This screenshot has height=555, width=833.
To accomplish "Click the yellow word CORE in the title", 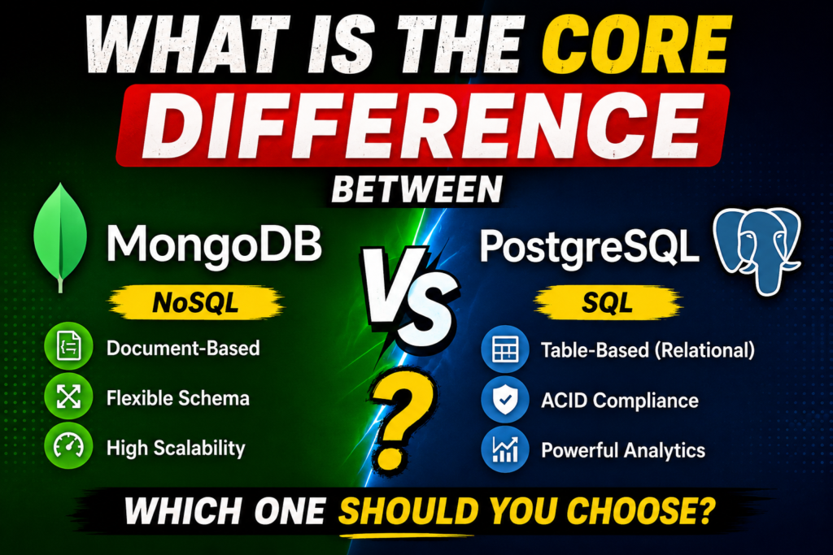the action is tap(635, 45).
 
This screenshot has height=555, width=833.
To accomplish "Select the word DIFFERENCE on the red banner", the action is tap(422, 125).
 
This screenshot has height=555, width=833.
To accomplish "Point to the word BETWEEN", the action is tap(417, 189).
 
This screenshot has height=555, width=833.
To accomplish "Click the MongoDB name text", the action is tap(215, 244).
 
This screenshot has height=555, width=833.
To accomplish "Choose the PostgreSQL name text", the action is tap(589, 246).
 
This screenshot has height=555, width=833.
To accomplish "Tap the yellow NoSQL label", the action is tap(196, 303).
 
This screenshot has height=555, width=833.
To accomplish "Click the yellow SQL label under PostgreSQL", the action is tap(607, 303).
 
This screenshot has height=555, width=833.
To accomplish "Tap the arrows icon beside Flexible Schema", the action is tap(68, 397).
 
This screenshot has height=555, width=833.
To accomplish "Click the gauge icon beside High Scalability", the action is tap(68, 445).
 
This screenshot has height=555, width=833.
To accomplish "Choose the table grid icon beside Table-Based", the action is tap(504, 349).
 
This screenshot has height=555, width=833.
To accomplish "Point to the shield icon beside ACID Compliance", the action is tap(504, 400).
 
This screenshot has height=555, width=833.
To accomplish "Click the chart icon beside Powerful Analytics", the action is tap(504, 449).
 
